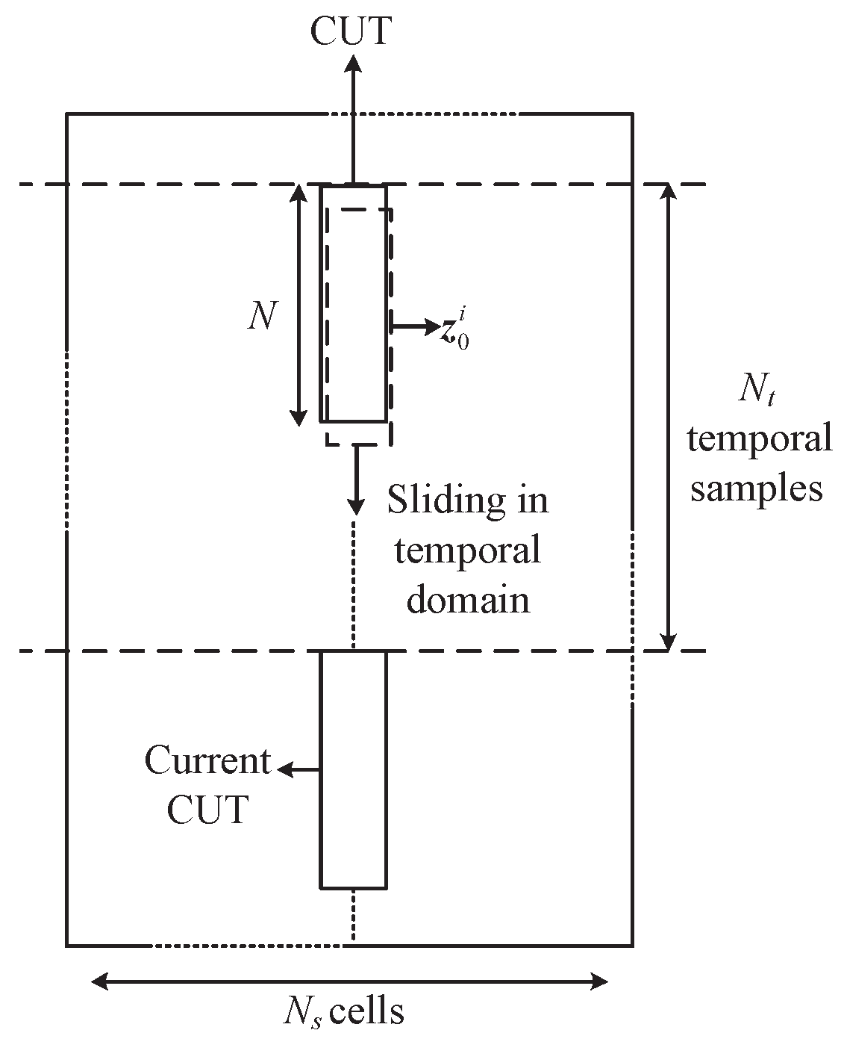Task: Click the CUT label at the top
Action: (x=351, y=31)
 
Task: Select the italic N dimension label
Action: (x=261, y=317)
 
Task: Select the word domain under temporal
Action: (x=468, y=600)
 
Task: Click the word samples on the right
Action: (x=756, y=488)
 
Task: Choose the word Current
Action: (x=207, y=761)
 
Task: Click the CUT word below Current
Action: (x=207, y=810)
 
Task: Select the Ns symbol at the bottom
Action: (x=302, y=1013)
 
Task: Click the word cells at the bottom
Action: (x=367, y=1012)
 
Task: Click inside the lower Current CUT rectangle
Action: (x=353, y=769)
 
